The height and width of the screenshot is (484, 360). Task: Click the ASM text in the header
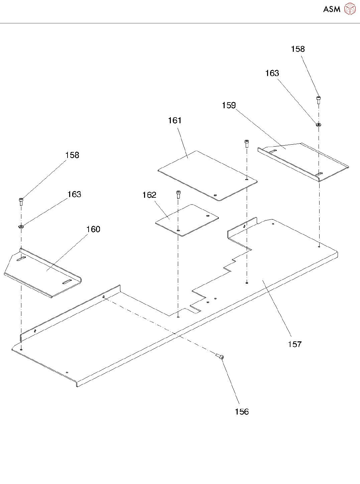(332, 9)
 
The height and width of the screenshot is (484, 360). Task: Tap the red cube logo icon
(350, 9)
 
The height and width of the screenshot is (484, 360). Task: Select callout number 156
(242, 412)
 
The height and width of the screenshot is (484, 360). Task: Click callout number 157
(294, 344)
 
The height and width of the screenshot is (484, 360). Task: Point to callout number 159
(229, 106)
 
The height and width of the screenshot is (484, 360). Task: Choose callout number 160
(93, 229)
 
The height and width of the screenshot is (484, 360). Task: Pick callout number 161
(174, 120)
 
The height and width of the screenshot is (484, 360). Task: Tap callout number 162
(149, 195)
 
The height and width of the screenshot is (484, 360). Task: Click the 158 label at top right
(297, 49)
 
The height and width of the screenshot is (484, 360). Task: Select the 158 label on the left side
(72, 155)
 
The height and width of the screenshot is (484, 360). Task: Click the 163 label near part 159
(272, 73)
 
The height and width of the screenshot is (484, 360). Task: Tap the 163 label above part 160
(74, 194)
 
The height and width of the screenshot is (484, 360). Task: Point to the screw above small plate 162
(178, 194)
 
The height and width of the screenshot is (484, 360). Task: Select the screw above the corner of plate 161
(247, 144)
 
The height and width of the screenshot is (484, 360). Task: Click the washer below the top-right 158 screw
(319, 125)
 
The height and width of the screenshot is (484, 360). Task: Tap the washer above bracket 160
(21, 227)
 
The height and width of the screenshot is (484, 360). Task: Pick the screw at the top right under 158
(318, 99)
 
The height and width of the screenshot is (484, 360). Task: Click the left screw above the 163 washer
(21, 201)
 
